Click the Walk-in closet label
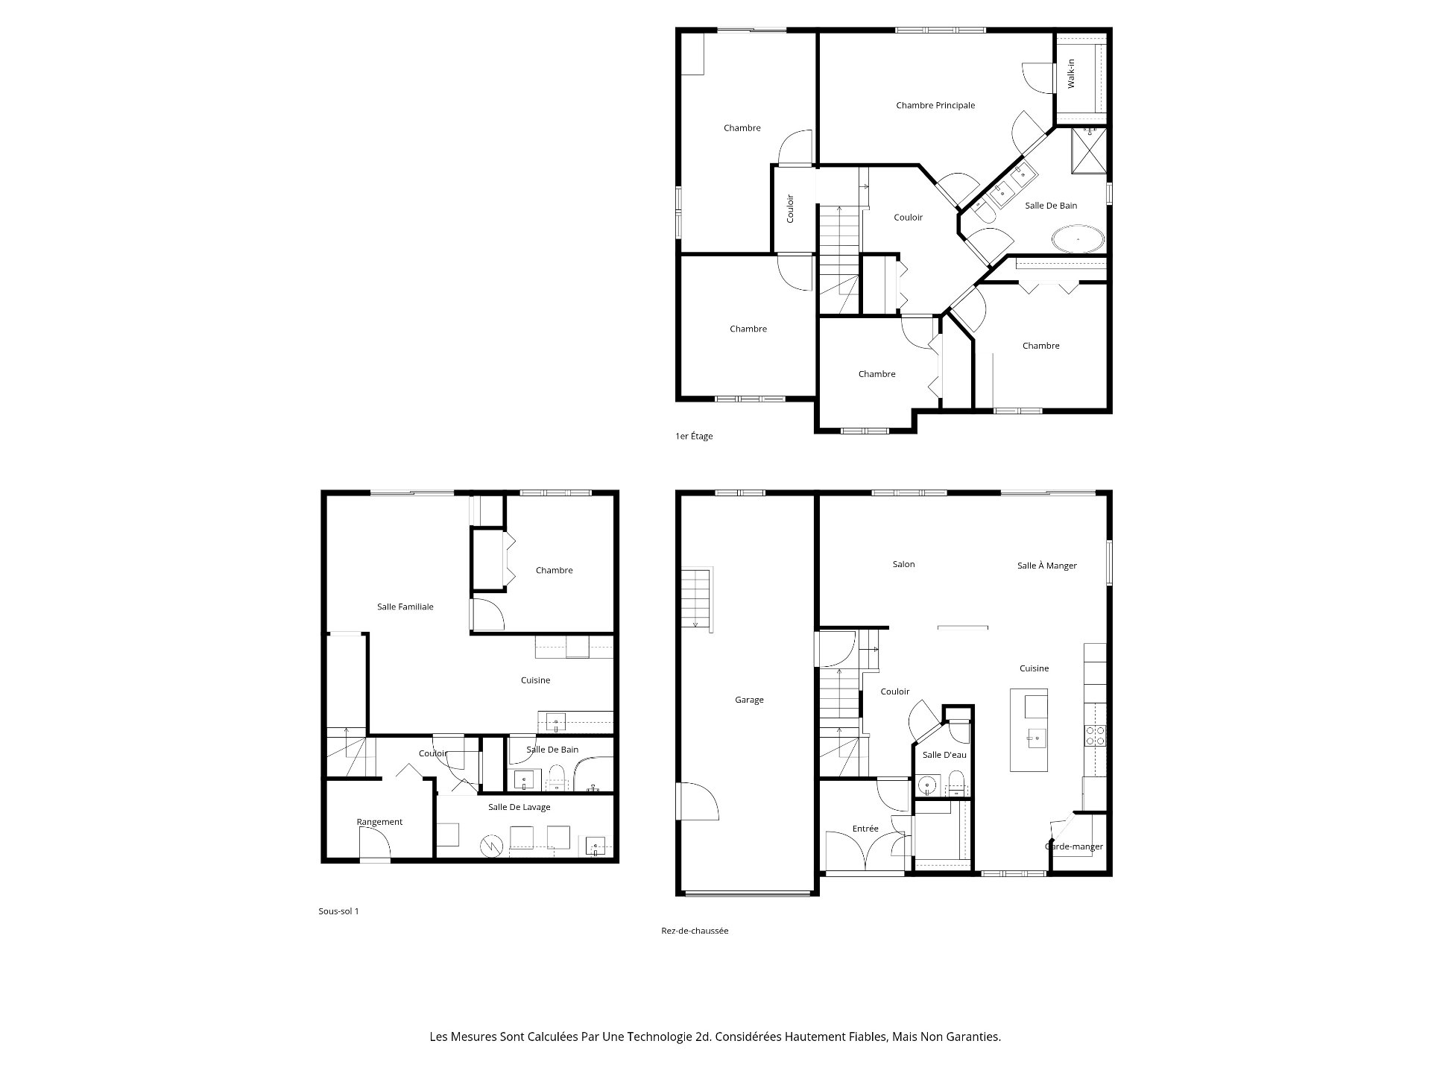[1071, 74]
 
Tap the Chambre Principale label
[935, 106]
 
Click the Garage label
[749, 700]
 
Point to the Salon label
[903, 565]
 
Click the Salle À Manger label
[1046, 566]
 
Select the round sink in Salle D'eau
[927, 785]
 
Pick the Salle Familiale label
[405, 607]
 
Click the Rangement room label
[379, 822]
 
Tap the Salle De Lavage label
[519, 807]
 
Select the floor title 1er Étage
[694, 437]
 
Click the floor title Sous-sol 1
[338, 911]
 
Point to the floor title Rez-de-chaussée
[695, 931]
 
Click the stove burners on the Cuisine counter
[1094, 735]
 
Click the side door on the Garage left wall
[698, 801]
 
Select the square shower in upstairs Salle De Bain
[1089, 151]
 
